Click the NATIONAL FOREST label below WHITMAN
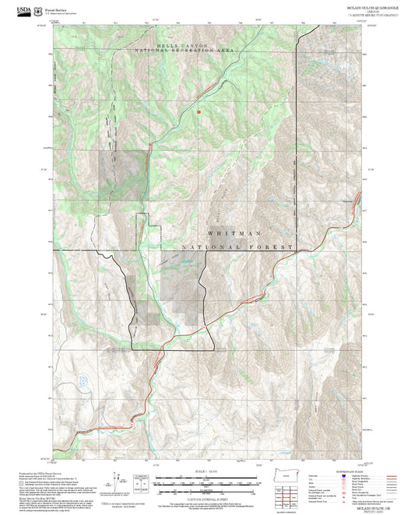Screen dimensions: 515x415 237,248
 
